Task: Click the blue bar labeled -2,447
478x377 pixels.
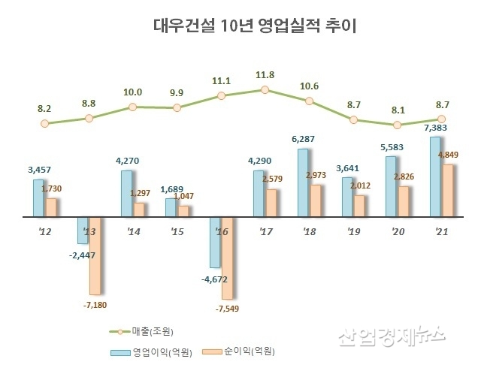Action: click(83, 230)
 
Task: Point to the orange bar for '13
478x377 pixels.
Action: click(95, 255)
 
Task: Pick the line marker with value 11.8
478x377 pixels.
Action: click(265, 90)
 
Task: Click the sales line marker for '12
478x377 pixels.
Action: click(45, 122)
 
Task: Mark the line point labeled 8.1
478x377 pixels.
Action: click(398, 125)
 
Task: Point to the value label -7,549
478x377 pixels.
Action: click(229, 308)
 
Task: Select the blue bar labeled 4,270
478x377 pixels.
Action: click(126, 193)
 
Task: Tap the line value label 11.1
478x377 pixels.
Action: click(221, 80)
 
